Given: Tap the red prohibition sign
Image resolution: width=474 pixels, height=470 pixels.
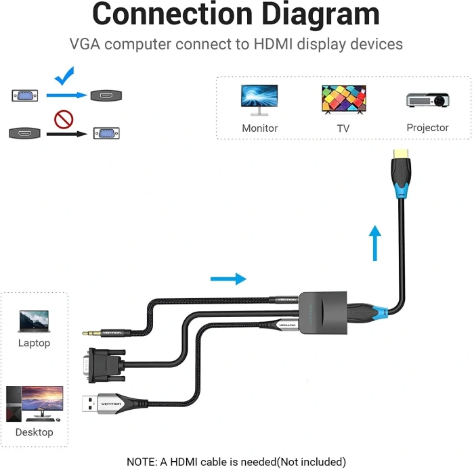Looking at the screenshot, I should [x=63, y=120].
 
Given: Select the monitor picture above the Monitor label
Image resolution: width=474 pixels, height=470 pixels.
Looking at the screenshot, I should [x=259, y=99].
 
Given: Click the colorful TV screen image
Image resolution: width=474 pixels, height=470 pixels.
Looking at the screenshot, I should [x=343, y=99].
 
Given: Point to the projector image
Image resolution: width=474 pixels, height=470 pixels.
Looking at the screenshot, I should [x=428, y=100].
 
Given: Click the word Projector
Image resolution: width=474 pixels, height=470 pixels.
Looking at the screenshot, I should [x=427, y=127].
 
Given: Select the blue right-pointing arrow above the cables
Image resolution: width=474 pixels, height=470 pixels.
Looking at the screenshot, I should [x=228, y=278].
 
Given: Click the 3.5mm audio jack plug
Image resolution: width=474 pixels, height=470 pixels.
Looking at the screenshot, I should [x=92, y=333].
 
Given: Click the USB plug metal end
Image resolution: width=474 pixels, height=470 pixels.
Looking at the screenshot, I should [x=90, y=404].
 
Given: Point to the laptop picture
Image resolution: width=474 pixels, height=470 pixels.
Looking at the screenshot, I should [x=34, y=321].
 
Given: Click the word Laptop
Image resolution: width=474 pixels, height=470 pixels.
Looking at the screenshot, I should [x=34, y=343].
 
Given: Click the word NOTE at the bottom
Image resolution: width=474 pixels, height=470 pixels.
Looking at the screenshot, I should [x=141, y=462].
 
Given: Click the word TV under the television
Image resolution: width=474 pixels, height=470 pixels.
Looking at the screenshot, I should [x=343, y=128].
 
